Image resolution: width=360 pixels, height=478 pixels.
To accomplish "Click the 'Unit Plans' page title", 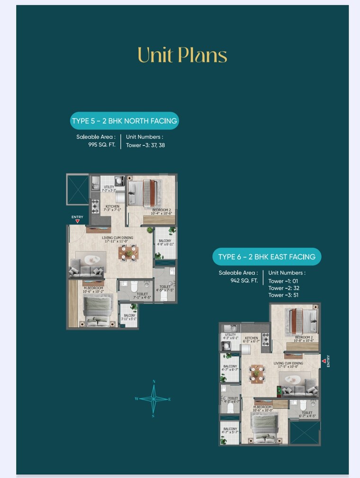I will click(x=182, y=55).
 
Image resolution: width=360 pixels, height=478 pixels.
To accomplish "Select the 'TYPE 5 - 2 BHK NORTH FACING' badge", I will click(x=124, y=121).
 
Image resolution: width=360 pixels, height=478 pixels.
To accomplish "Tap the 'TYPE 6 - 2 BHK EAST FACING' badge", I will click(x=267, y=257).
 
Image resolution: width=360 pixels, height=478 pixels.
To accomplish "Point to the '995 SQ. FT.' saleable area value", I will click(x=102, y=145).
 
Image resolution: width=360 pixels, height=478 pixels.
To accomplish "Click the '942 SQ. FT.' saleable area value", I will click(x=244, y=280).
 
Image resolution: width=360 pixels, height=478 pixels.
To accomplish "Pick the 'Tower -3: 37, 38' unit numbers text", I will click(x=145, y=145).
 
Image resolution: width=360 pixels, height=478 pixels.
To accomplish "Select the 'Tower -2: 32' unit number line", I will click(x=284, y=288).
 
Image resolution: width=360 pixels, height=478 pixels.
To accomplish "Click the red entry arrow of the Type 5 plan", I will click(x=77, y=221).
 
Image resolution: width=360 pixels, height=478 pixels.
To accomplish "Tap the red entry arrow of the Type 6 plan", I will click(x=324, y=361).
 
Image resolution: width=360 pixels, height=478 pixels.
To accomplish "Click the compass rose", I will click(x=153, y=398).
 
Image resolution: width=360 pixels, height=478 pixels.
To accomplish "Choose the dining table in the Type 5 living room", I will click(x=128, y=253).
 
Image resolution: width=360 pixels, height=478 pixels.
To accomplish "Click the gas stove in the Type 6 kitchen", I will click(x=265, y=339).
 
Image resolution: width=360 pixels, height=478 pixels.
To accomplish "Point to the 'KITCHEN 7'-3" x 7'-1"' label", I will click(x=113, y=208).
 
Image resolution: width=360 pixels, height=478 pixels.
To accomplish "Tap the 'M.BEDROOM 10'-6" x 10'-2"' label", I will click(x=93, y=290).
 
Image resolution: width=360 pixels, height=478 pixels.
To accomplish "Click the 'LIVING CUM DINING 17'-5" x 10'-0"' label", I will click(x=288, y=365).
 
